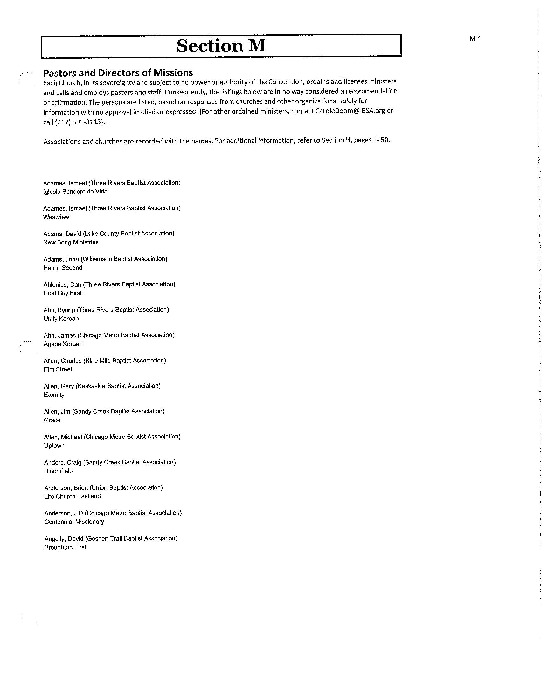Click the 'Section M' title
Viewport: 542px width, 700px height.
click(221, 45)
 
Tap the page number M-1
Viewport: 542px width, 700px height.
click(475, 38)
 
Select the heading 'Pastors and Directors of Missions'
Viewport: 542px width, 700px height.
click(118, 73)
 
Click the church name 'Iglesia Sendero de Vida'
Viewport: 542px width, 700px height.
click(75, 192)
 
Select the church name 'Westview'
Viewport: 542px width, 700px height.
click(56, 217)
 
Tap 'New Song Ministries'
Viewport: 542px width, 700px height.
click(71, 242)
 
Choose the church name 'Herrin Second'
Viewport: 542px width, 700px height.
click(63, 268)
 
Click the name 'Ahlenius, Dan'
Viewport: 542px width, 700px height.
click(62, 284)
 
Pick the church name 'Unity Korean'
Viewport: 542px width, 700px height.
click(61, 318)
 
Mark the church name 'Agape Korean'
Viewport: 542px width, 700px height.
click(63, 344)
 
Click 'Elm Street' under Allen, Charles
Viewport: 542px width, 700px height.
click(58, 369)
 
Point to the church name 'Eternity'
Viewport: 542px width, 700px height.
click(54, 395)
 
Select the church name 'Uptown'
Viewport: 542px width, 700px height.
click(54, 445)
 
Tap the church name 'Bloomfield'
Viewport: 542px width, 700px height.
click(58, 471)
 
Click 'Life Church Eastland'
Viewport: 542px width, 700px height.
click(73, 496)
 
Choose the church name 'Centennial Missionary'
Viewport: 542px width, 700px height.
click(74, 522)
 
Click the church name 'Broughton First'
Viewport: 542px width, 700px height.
click(65, 547)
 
